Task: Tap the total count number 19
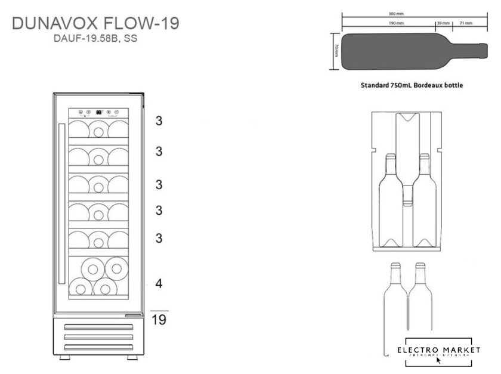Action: click(x=159, y=320)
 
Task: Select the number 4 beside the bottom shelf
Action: click(x=159, y=283)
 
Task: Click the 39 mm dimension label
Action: click(x=443, y=23)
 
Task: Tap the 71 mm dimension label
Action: click(x=466, y=23)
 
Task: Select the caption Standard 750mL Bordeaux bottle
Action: click(x=412, y=85)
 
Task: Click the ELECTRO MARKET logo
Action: click(x=438, y=350)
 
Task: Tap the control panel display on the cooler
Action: click(x=98, y=112)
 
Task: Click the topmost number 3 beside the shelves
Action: click(x=159, y=121)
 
